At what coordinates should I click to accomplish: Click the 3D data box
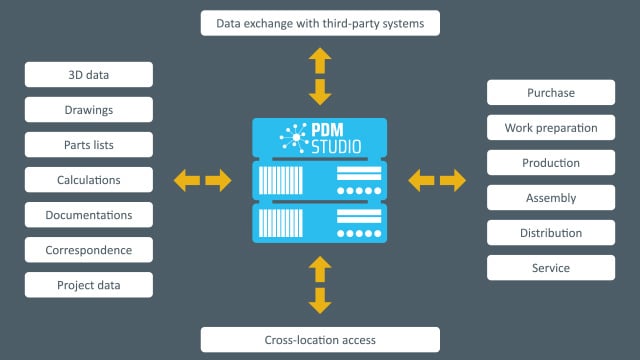[x=89, y=74]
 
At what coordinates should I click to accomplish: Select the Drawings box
[x=89, y=109]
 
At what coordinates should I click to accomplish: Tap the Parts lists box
[x=89, y=144]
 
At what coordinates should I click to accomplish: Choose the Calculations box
[x=89, y=180]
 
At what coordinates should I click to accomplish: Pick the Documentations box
[x=89, y=215]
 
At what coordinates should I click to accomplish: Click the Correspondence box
[x=89, y=250]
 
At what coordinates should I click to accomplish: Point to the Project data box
[x=89, y=285]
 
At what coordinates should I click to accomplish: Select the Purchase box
[x=551, y=93]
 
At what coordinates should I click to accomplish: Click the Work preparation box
[x=551, y=128]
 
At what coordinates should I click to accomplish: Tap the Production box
[x=551, y=163]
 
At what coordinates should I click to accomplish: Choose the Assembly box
[x=551, y=198]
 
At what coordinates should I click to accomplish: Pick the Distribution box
[x=551, y=233]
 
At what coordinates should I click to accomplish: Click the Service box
[x=551, y=268]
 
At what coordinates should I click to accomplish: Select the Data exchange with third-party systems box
[x=320, y=22]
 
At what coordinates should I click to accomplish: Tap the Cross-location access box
[x=320, y=339]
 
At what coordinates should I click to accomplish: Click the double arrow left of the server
[x=202, y=181]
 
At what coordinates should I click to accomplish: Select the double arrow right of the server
[x=438, y=181]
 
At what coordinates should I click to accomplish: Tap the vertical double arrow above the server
[x=320, y=76]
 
